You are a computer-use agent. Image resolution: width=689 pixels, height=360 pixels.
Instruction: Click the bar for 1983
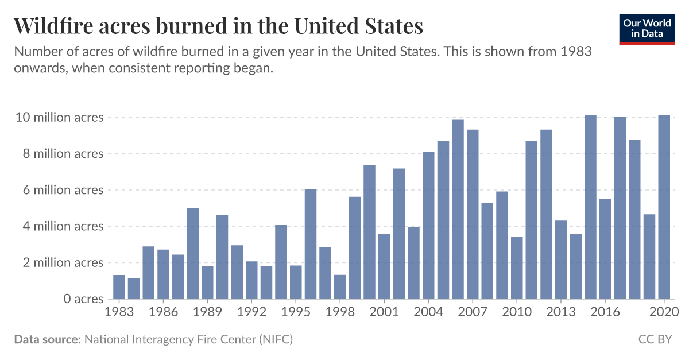pos(119,287)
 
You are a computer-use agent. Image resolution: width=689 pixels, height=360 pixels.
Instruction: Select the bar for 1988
pos(193,253)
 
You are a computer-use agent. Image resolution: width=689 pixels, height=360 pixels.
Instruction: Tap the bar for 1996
pos(311,244)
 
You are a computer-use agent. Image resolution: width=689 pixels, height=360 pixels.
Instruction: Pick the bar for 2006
pos(458,210)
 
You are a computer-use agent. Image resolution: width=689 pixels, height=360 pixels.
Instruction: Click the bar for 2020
pos(664,207)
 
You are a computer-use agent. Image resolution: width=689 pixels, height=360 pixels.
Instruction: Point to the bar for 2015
pos(590,207)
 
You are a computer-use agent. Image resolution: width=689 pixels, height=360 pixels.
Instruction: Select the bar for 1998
pos(340,287)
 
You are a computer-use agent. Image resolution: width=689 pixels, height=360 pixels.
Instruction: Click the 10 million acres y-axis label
pos(60,117)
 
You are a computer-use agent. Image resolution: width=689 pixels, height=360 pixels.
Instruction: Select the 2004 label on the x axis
pos(428,312)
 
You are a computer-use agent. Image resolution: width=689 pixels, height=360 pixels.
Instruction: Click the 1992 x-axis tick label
pos(251,312)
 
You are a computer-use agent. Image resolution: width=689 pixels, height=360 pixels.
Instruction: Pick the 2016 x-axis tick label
pos(605,312)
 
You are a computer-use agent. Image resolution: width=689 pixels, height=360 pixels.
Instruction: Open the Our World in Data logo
pos(647,28)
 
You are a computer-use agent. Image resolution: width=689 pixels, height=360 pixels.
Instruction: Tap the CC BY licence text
pos(655,339)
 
